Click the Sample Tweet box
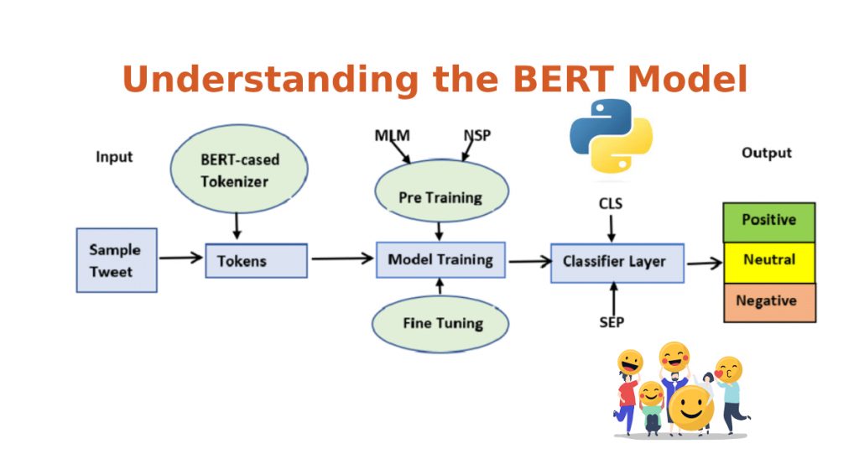point(116,260)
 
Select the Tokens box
point(256,261)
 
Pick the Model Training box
point(440,260)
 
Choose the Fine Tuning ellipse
point(441,323)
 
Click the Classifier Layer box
point(617,262)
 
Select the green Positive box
point(768,222)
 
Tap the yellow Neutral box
point(768,261)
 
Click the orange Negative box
point(768,301)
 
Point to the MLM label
point(391,136)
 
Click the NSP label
point(477,136)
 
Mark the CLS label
point(611,203)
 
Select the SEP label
point(612,322)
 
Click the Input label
point(114,157)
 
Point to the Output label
point(766,153)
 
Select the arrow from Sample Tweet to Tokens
point(180,258)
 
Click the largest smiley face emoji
point(690,409)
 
